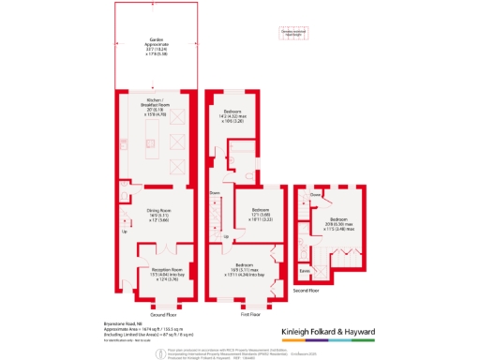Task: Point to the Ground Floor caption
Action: (164, 313)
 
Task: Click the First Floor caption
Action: (248, 313)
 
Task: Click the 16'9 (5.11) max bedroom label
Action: (248, 268)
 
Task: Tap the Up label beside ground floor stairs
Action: (124, 232)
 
